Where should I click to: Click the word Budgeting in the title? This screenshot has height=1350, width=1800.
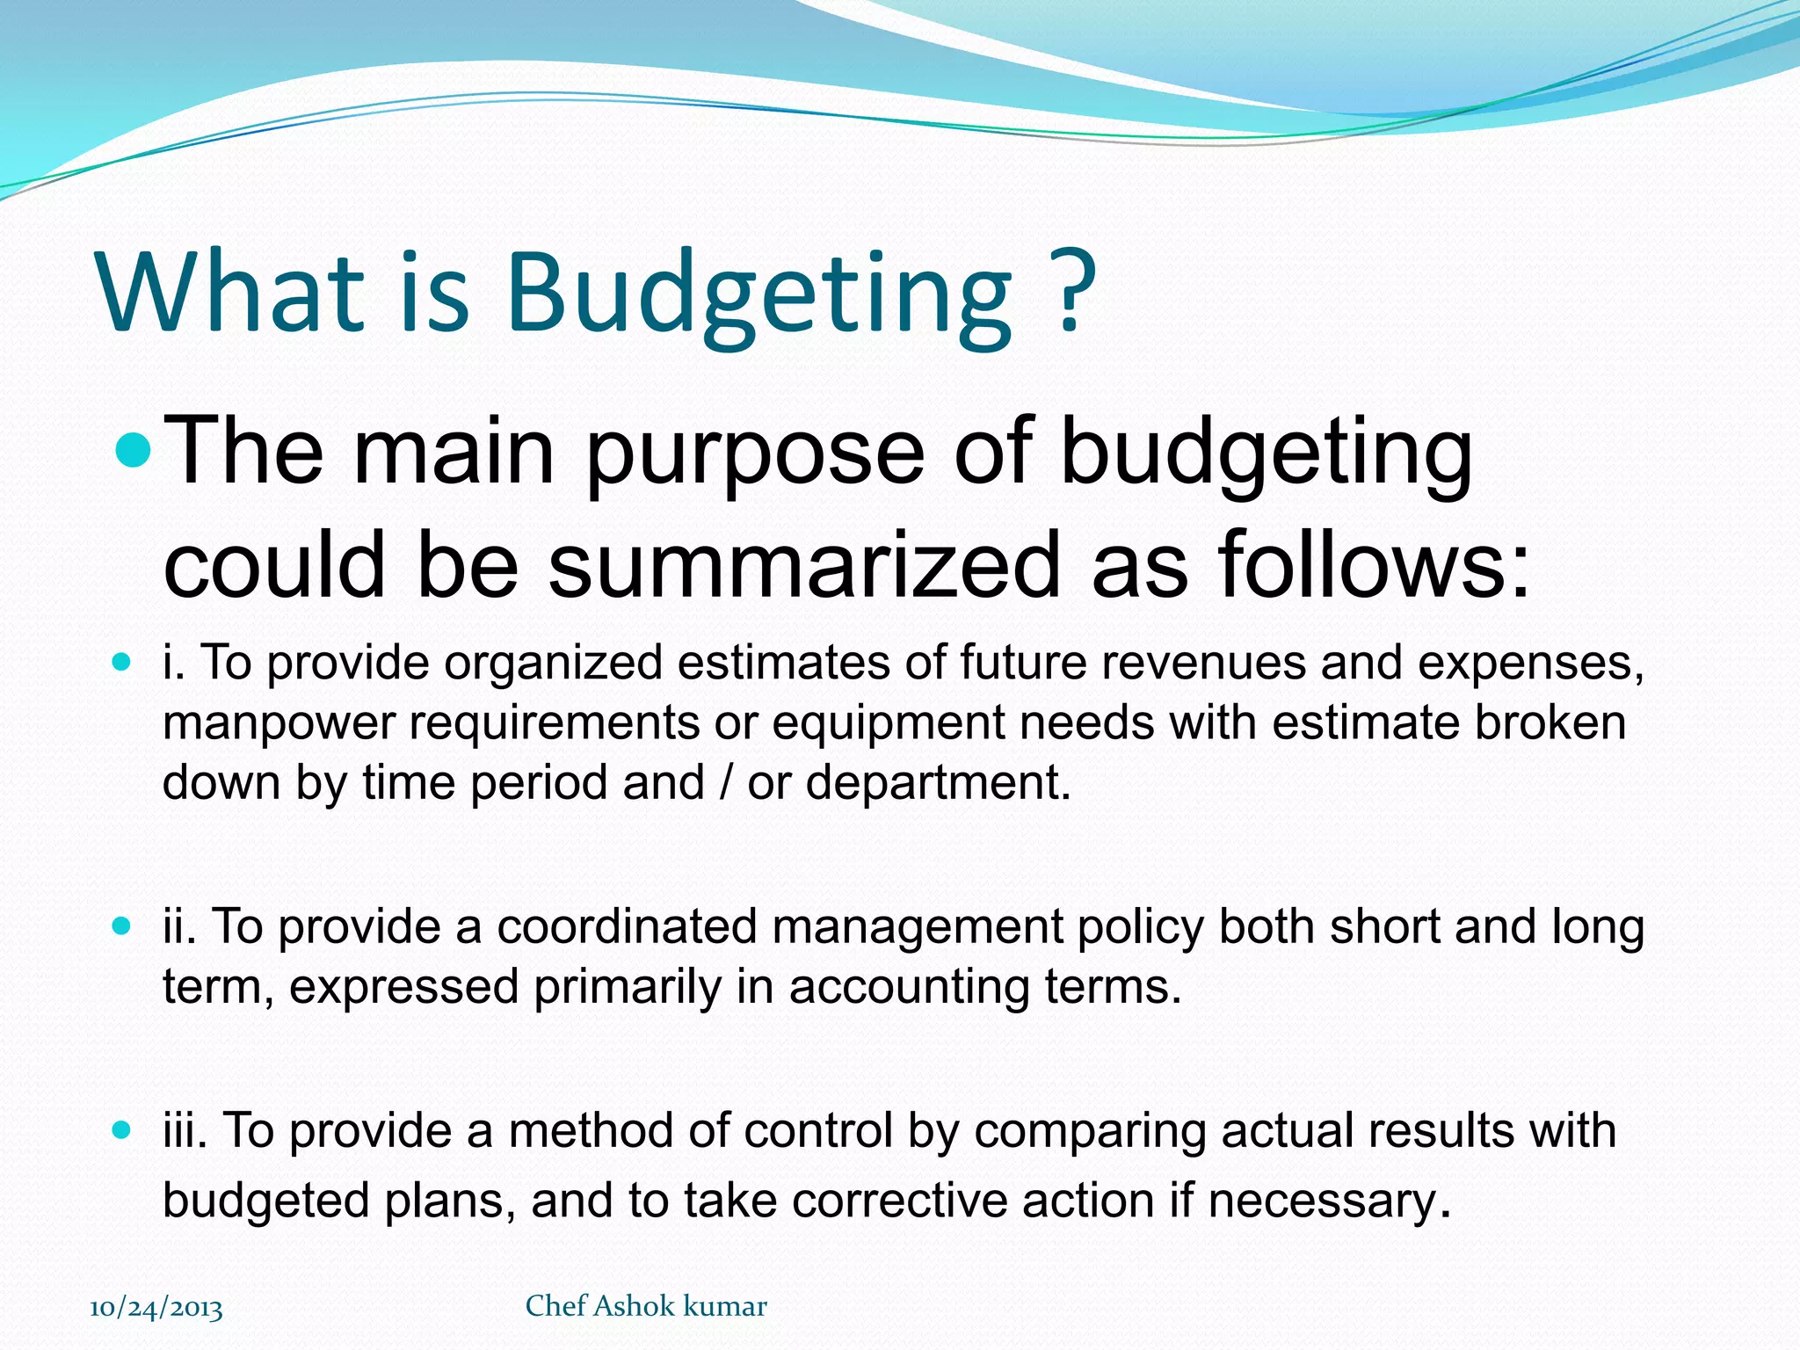pos(760,294)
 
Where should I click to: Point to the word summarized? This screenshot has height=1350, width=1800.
pos(804,564)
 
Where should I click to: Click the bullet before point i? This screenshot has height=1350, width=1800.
pos(122,661)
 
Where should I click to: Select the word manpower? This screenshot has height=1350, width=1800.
pos(279,723)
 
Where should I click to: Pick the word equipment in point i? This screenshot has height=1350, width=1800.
pos(888,723)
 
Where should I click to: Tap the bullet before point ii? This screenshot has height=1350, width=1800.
pos(122,925)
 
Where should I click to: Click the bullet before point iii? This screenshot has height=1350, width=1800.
pos(122,1129)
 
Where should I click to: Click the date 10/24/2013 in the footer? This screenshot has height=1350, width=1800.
pos(156,1308)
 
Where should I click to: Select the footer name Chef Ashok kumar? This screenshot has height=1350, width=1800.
pos(646,1306)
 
